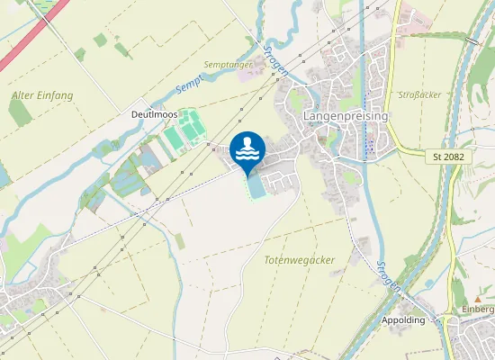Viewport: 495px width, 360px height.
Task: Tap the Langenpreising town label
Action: coord(346,117)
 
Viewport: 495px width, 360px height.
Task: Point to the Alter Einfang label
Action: coord(42,94)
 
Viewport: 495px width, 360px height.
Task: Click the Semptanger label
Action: coord(226,65)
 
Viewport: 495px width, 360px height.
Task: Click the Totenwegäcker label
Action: coord(300,259)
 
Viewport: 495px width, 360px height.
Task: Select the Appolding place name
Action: coord(403,320)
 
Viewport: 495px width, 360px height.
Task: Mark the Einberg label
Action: coord(478,310)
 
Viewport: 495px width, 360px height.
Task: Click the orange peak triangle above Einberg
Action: coord(478,298)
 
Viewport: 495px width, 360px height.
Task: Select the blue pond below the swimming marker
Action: coord(256,185)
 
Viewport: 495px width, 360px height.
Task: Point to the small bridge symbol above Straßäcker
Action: coord(472,40)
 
